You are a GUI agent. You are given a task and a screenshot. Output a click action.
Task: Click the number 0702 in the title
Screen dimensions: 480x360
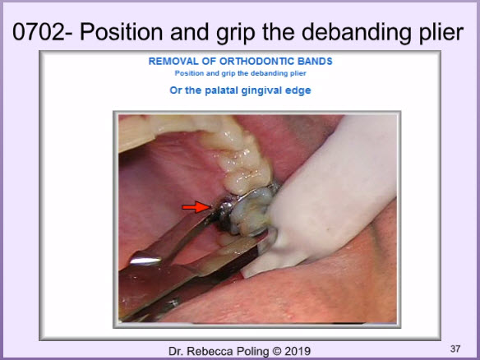pyautogui.click(x=39, y=32)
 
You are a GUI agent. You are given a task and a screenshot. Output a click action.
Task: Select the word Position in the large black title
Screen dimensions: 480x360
pyautogui.click(x=121, y=32)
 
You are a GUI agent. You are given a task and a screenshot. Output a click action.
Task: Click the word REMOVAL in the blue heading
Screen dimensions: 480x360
pyautogui.click(x=173, y=61)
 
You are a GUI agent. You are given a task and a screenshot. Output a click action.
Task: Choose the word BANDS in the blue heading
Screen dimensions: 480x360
pyautogui.click(x=315, y=61)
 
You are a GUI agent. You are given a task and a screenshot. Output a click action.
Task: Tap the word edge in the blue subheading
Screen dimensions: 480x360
pyautogui.click(x=298, y=91)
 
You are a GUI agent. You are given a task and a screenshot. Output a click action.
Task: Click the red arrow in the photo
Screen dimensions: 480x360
pyautogui.click(x=196, y=207)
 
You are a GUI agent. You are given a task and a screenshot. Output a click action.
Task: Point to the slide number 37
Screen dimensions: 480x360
pyautogui.click(x=455, y=348)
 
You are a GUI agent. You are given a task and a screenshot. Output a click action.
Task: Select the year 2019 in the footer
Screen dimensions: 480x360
pyautogui.click(x=298, y=351)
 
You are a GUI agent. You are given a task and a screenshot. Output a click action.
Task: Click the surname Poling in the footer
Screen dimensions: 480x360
pyautogui.click(x=249, y=352)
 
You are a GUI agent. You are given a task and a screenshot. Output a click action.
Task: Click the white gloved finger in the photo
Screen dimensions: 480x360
pyautogui.click(x=328, y=196)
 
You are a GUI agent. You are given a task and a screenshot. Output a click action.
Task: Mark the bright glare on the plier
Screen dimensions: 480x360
pyautogui.click(x=145, y=261)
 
